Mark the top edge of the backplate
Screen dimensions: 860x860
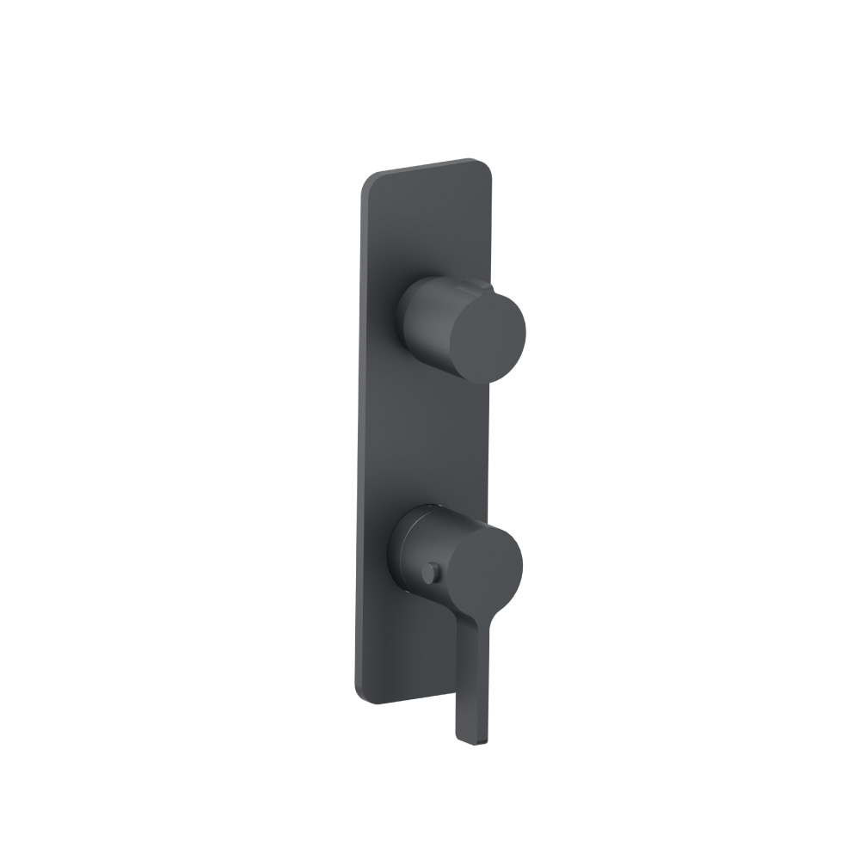point(426,166)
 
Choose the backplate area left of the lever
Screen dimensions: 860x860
point(404,654)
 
